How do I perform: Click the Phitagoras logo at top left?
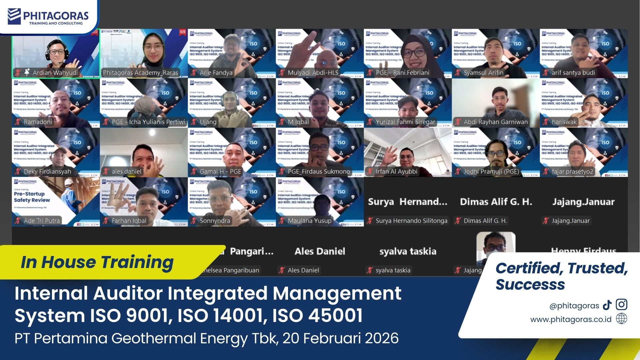point(48,17)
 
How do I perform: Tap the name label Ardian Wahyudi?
point(55,73)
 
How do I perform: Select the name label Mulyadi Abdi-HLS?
point(313,73)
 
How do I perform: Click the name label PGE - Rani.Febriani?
point(402,73)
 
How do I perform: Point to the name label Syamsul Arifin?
point(483,73)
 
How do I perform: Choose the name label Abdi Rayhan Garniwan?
point(495,122)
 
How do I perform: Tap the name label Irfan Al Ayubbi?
point(396,172)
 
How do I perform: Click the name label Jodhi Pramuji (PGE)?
point(491,172)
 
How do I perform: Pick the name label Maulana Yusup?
point(309,221)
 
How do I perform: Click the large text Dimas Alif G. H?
point(496,202)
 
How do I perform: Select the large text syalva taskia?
point(408,251)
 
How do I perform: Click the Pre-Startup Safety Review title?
point(32,197)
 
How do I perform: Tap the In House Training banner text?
point(97,262)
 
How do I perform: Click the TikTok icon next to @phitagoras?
point(607,305)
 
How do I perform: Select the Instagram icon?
point(621,305)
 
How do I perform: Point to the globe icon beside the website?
point(621,319)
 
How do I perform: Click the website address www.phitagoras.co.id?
point(571,319)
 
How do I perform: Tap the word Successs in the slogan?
point(530,284)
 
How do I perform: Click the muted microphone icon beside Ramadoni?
point(18,122)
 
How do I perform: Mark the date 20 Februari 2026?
point(340,338)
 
